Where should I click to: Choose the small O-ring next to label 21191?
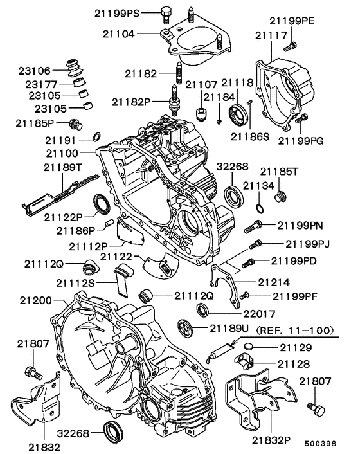(95, 136)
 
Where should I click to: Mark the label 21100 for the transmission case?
(62, 154)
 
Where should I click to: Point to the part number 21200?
(36, 300)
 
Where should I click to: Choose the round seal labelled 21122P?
(102, 204)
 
